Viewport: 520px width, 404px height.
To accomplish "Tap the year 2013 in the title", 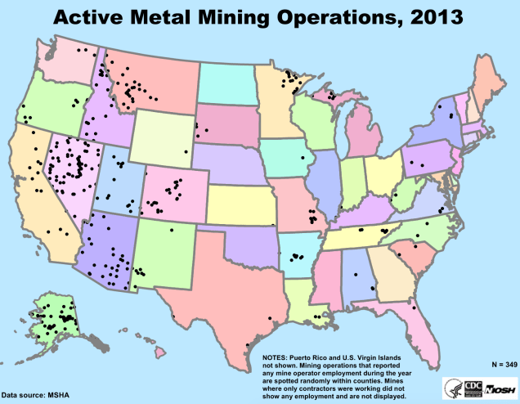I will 429,16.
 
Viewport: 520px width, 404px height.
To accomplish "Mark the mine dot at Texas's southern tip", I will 248,349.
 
